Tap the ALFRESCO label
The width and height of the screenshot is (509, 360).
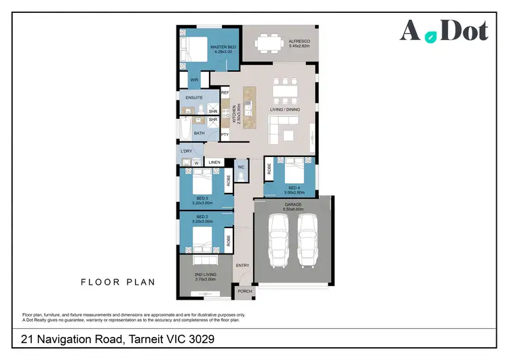tap(299, 41)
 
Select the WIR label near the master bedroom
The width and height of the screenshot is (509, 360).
tap(193, 80)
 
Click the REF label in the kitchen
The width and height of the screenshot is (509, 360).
tap(225, 92)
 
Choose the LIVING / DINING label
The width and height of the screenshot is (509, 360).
tap(285, 109)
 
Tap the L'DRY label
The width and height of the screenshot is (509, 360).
tap(186, 151)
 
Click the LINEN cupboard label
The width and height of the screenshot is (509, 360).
tap(214, 163)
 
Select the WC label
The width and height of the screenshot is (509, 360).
tap(241, 166)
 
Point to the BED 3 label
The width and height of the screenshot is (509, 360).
tap(202, 198)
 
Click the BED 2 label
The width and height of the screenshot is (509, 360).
tap(202, 217)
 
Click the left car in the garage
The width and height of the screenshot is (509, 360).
tap(279, 242)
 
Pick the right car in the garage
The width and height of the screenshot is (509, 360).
tap(308, 242)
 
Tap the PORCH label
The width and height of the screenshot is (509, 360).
tap(244, 291)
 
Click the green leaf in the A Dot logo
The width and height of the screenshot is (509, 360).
tap(430, 37)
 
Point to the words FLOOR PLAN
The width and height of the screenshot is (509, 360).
tap(118, 282)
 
